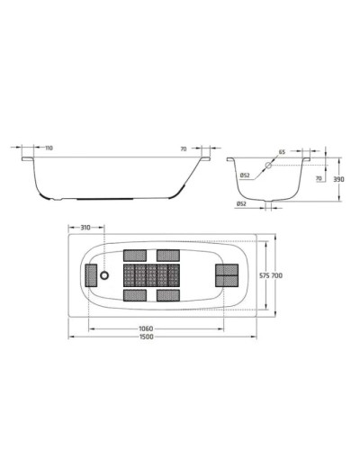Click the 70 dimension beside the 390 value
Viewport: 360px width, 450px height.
[x=319, y=180]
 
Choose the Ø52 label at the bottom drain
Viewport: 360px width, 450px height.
[x=241, y=204]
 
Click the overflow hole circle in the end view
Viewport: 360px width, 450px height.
[x=267, y=167]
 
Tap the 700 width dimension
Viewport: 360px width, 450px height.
[x=278, y=274]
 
